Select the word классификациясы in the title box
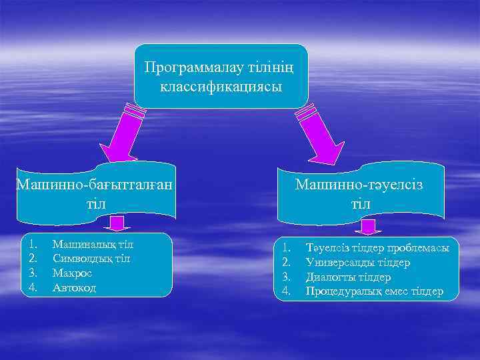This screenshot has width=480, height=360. [221, 87]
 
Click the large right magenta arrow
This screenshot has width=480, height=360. [319, 134]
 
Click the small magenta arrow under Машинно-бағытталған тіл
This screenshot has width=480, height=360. [119, 224]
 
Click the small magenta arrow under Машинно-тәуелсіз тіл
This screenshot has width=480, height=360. [367, 228]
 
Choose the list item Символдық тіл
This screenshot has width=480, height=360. [91, 259]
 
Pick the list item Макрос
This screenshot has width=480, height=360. [72, 273]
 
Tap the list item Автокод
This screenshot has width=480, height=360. [74, 288]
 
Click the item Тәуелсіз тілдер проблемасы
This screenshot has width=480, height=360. [377, 248]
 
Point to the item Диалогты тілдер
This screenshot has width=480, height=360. [348, 277]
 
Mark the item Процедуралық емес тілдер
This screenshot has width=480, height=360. [374, 292]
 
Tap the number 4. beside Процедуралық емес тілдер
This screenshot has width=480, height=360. [287, 292]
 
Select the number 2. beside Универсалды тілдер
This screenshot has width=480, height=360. [287, 263]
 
